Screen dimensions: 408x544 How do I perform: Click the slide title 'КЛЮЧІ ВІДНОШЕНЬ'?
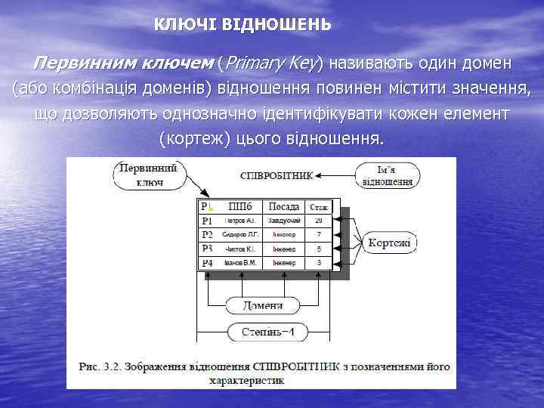243,24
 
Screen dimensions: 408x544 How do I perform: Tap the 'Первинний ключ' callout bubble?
148,174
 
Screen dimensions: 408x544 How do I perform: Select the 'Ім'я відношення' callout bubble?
388,175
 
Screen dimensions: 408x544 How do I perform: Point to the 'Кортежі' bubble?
390,243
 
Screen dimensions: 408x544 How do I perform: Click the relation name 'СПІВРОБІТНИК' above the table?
276,175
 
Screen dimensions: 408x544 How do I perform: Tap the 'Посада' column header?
283,206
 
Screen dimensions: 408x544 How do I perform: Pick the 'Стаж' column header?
319,206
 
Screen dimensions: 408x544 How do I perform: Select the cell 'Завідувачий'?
283,221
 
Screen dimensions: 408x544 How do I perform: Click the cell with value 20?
319,221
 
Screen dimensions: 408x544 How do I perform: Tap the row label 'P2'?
207,234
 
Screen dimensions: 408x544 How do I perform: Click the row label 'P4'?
207,263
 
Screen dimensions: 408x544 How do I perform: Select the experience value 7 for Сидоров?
319,234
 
